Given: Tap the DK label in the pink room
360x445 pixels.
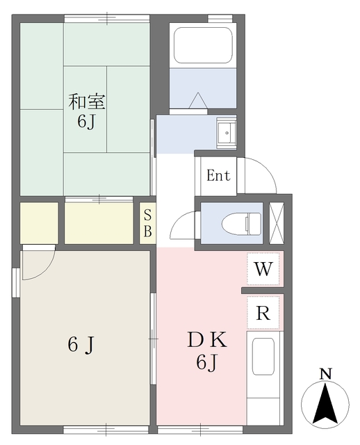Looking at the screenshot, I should (206, 341).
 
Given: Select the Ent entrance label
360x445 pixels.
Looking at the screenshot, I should (218, 175).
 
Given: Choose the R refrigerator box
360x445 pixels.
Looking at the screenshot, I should (263, 313).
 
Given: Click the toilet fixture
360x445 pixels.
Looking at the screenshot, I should (240, 223).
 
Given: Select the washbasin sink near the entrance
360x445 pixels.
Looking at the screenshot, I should (227, 132).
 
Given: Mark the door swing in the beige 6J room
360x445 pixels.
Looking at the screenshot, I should (37, 264).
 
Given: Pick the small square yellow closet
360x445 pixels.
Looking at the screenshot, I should (39, 222).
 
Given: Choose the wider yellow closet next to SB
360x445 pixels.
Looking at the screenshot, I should (99, 223).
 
